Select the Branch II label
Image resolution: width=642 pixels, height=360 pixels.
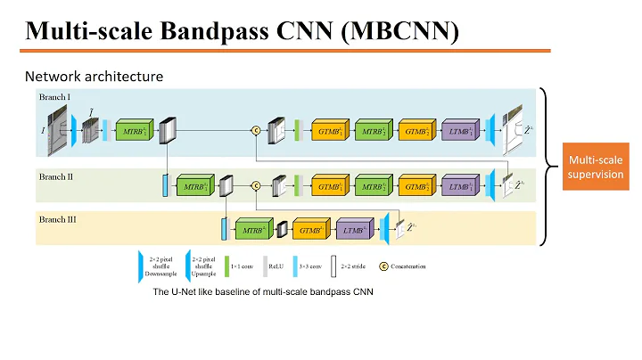pos(55,177)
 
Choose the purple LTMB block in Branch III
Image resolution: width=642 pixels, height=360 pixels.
pos(357,231)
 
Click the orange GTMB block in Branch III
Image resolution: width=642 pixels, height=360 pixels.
pos(312,231)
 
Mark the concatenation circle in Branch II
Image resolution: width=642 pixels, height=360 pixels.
pos(255,186)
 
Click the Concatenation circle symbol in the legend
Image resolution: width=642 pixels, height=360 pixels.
pos(384,266)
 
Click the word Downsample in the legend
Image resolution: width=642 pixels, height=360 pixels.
pos(161,274)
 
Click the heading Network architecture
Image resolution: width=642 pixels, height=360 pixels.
pos(94,77)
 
